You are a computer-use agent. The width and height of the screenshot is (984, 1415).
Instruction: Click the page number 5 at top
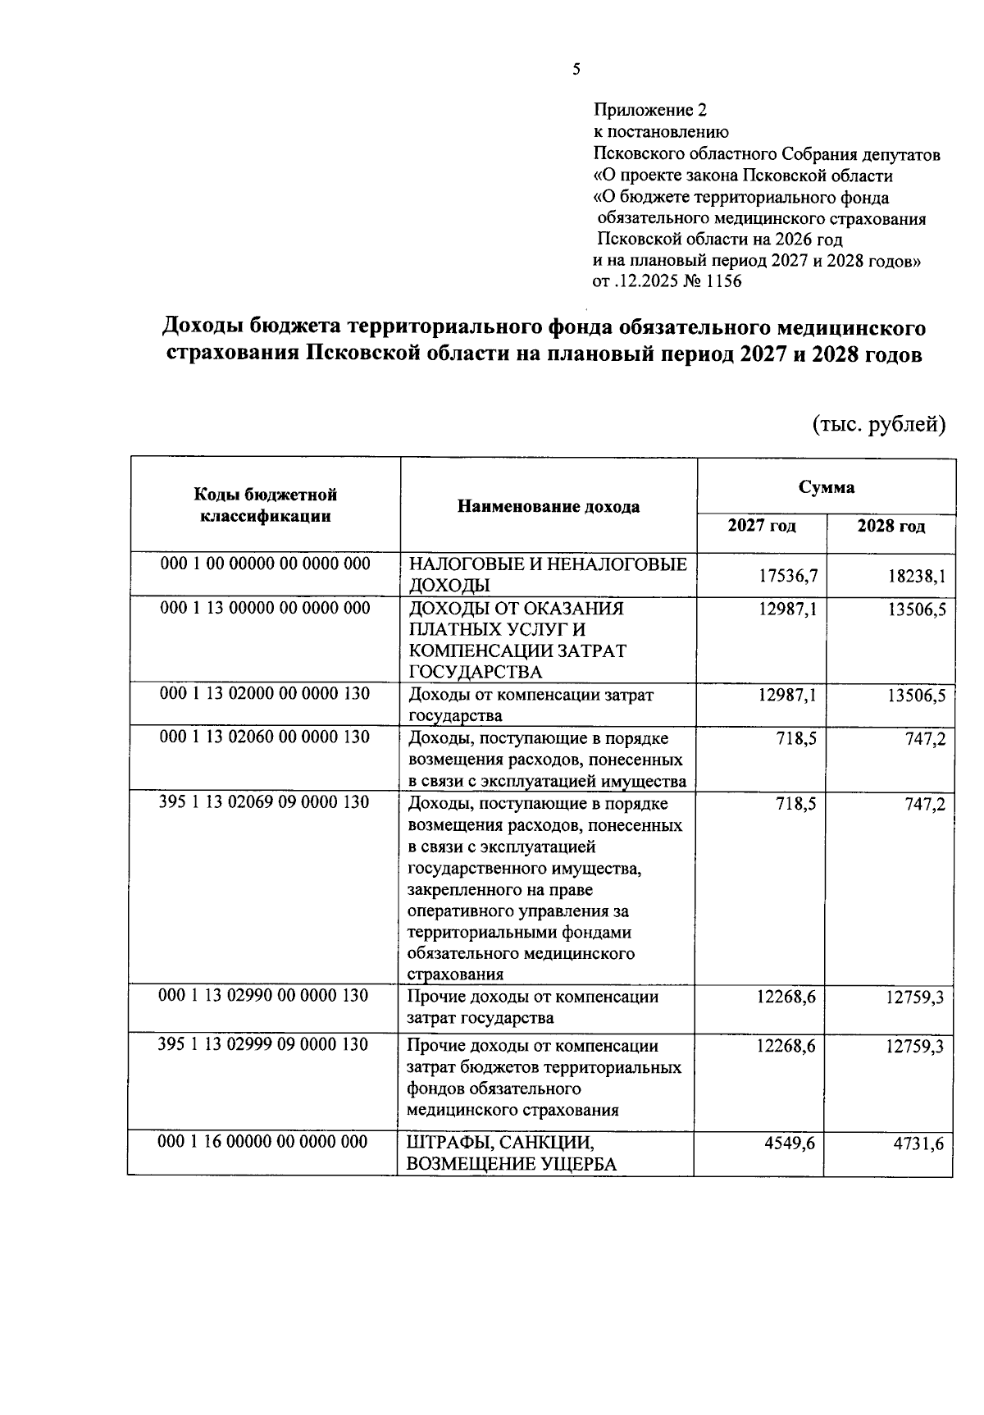pyautogui.click(x=576, y=70)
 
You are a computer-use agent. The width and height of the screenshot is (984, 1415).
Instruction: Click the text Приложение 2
pyautogui.click(x=649, y=110)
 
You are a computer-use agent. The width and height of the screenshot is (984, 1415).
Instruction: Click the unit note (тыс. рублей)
pyautogui.click(x=879, y=424)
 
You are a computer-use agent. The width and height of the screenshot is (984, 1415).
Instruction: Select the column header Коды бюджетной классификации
pyautogui.click(x=266, y=505)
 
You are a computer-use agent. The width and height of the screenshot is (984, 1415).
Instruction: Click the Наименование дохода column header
pyautogui.click(x=549, y=506)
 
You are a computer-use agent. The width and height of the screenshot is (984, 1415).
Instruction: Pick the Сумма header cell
pyautogui.click(x=827, y=487)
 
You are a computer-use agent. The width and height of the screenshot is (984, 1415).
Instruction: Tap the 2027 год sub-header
pyautogui.click(x=762, y=526)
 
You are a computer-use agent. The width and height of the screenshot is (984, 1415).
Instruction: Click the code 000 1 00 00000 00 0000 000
pyautogui.click(x=266, y=564)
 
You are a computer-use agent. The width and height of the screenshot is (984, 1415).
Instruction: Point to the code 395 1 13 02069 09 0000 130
pyautogui.click(x=264, y=801)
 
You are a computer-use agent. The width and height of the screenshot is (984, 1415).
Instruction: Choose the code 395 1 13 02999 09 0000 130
pyautogui.click(x=264, y=1044)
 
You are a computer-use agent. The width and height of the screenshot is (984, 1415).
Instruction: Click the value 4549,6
pyautogui.click(x=789, y=1143)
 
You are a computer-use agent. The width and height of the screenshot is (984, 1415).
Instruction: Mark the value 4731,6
pyautogui.click(x=918, y=1143)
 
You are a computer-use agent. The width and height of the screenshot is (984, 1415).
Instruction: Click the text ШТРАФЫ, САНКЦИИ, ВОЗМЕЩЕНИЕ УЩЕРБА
pyautogui.click(x=512, y=1153)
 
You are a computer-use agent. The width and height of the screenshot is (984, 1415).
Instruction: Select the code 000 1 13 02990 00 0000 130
pyautogui.click(x=264, y=995)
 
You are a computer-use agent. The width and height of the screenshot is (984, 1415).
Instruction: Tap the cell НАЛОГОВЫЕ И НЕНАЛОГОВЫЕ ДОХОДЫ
pyautogui.click(x=547, y=574)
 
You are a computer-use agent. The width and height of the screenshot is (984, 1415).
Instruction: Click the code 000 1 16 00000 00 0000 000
pyautogui.click(x=264, y=1142)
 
